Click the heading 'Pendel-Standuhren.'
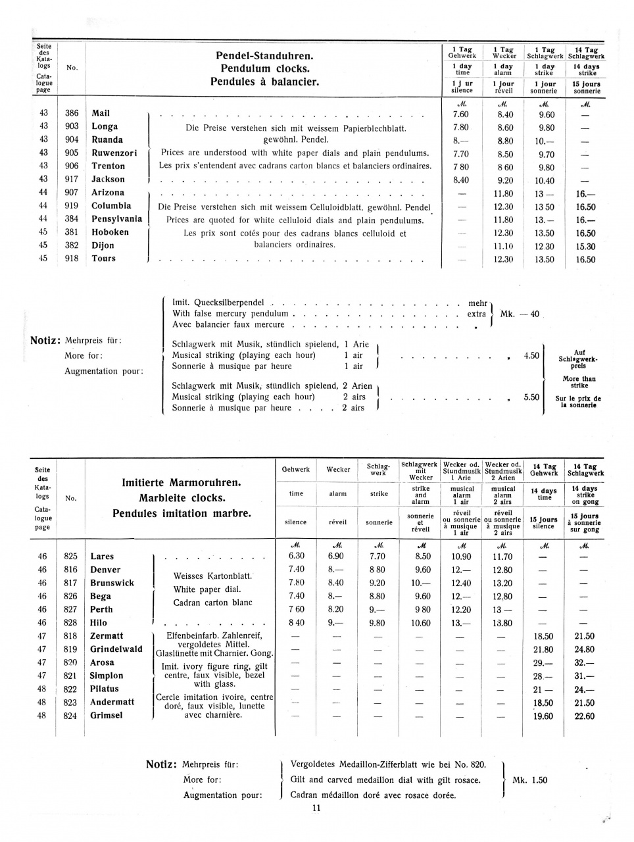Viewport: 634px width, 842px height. point(264,55)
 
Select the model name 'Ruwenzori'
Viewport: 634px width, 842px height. point(114,153)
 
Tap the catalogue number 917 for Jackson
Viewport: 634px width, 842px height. point(72,179)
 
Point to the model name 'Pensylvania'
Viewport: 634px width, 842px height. point(116,218)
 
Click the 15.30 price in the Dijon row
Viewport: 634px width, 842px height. point(585,246)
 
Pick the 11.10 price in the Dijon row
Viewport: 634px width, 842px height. point(503,246)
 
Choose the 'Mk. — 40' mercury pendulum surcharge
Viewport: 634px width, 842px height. point(520,314)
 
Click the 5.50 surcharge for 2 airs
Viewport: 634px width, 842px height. point(531,397)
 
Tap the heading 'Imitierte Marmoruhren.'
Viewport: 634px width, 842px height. point(182,483)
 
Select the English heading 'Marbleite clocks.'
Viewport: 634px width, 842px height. point(182,498)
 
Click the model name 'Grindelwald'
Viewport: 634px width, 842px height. point(116,649)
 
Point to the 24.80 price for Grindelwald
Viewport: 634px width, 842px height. point(584,649)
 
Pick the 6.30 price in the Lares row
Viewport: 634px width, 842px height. point(297,557)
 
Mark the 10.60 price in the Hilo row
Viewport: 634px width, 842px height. point(421,623)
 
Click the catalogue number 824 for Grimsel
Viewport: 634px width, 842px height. point(70,715)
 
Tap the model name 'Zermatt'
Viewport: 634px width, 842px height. point(107,636)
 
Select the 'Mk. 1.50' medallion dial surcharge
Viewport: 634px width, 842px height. point(529,780)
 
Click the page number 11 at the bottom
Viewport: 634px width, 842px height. point(316,808)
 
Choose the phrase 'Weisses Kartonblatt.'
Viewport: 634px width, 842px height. point(212,576)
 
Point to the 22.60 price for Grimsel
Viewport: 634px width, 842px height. point(584,716)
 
